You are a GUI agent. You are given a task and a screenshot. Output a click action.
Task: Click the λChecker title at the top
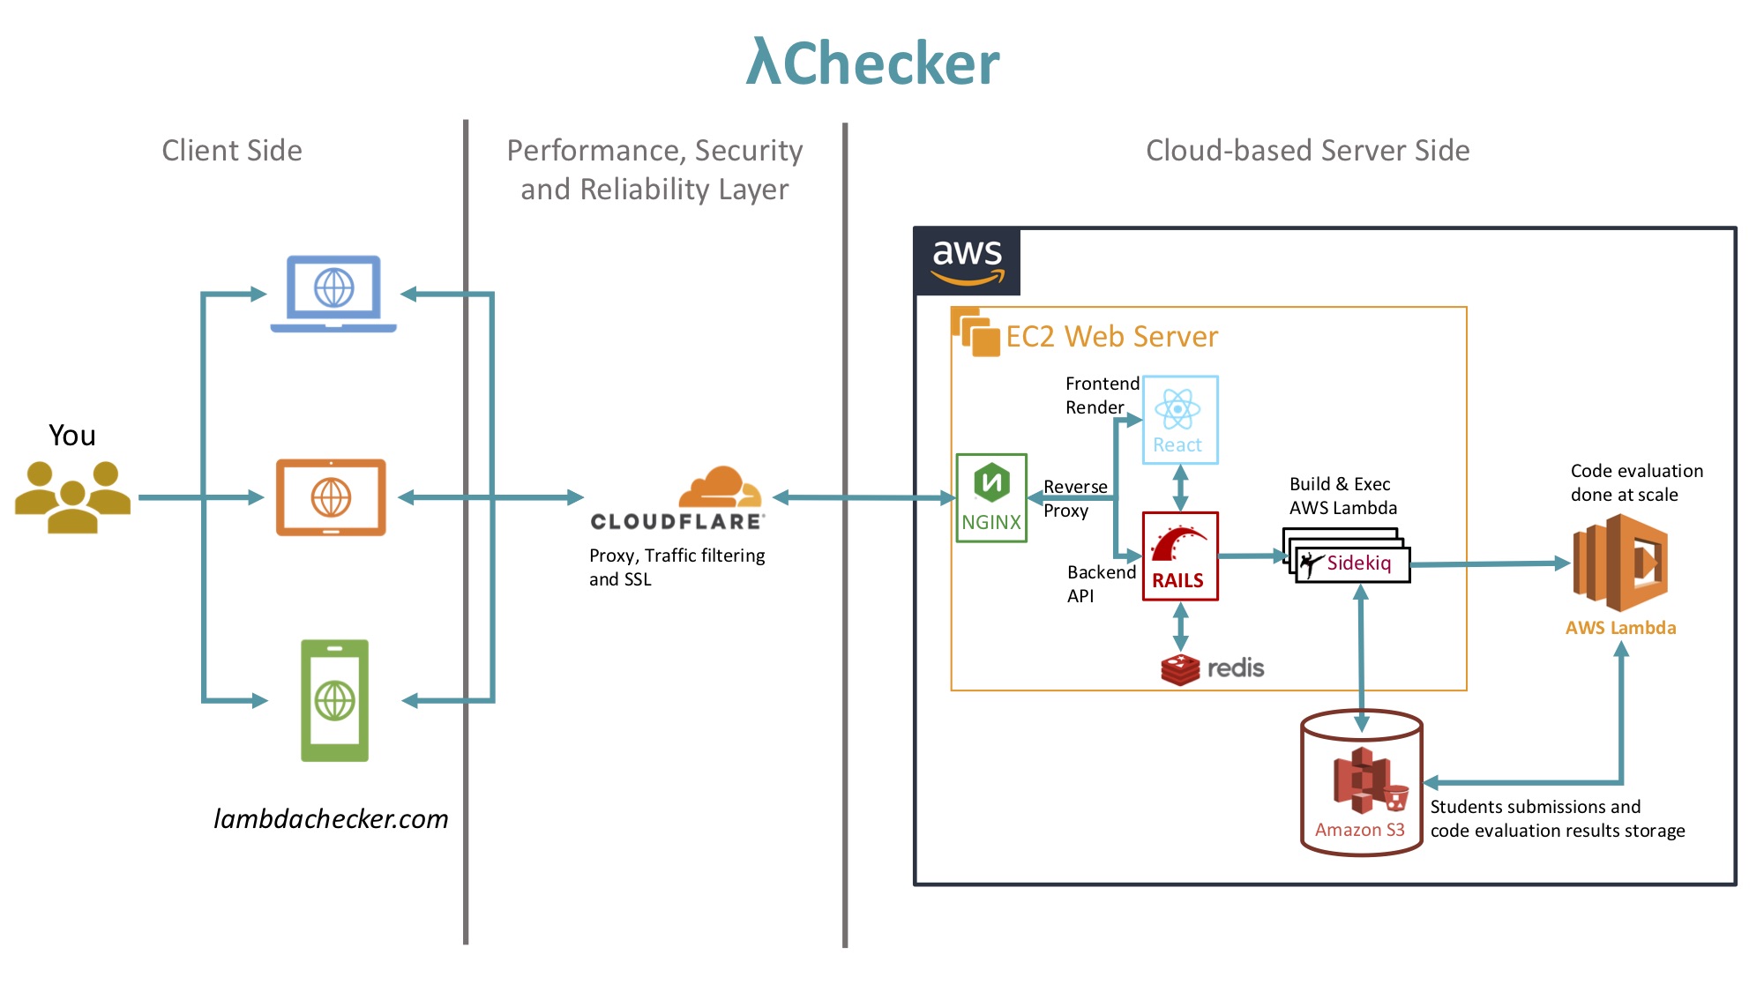tap(872, 63)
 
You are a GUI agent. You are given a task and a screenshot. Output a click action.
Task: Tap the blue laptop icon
tap(333, 293)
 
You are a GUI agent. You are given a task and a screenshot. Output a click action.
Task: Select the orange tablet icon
tap(331, 497)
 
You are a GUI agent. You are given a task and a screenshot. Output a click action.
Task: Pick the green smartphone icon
tap(334, 700)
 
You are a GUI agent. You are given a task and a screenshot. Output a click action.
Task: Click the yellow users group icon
tap(72, 496)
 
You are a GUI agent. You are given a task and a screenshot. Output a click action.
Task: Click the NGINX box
tap(991, 497)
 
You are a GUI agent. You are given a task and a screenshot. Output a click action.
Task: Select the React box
tap(1180, 420)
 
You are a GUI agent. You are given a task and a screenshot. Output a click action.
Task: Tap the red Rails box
tap(1179, 556)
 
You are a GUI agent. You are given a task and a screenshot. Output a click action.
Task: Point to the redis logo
tap(1212, 668)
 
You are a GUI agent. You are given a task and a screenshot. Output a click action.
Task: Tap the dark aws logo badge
tap(968, 261)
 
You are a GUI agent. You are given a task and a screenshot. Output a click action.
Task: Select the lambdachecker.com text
tap(331, 818)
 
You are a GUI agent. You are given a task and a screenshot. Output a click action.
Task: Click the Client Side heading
tap(232, 150)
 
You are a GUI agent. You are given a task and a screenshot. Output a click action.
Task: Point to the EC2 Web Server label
tap(1111, 336)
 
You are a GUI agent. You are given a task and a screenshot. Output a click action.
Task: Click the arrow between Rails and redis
tap(1180, 627)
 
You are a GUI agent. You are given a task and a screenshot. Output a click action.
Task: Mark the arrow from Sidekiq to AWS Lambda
tap(1490, 563)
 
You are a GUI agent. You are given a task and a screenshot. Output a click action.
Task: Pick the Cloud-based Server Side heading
tap(1307, 150)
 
